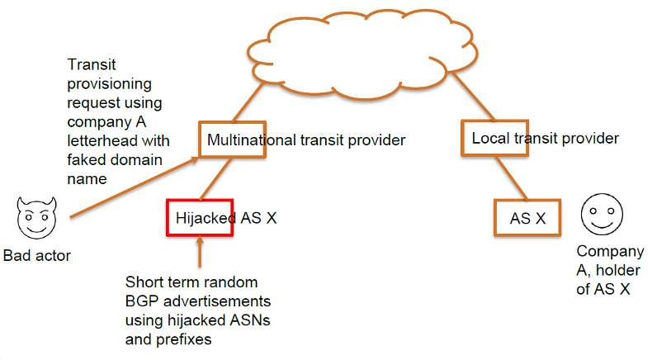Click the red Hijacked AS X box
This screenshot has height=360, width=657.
point(200,218)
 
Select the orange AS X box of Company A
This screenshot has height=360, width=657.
point(527,217)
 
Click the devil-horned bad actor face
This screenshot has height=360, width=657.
point(33,218)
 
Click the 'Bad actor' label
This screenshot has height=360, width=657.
point(37,256)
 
